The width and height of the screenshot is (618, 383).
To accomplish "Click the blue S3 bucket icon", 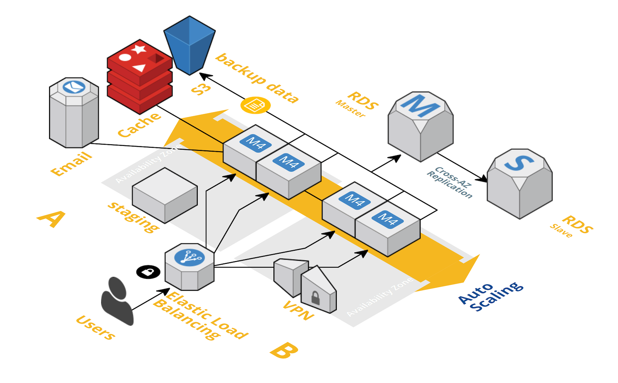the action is pyautogui.click(x=190, y=46).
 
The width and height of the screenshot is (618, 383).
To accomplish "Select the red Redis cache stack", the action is pyautogui.click(x=139, y=77).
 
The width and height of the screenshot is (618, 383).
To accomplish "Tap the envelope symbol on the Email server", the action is pyautogui.click(x=74, y=87).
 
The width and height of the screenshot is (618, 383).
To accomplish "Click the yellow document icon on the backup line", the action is pyautogui.click(x=255, y=105).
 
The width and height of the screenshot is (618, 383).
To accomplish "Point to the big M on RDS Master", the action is pyautogui.click(x=420, y=106).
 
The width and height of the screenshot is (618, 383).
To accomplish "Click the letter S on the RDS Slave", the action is pyautogui.click(x=519, y=162).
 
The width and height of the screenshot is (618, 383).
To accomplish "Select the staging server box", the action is pyautogui.click(x=165, y=196).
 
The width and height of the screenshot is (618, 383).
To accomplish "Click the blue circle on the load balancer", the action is pyautogui.click(x=190, y=258).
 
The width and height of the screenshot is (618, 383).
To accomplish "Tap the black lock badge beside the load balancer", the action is pyautogui.click(x=148, y=272).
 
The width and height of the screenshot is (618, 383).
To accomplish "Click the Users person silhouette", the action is pyautogui.click(x=117, y=301).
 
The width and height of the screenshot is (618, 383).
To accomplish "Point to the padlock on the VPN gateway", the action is pyautogui.click(x=315, y=298).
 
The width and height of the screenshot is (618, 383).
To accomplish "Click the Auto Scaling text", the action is pyautogui.click(x=491, y=297).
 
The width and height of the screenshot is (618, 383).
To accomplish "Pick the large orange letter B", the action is pyautogui.click(x=284, y=350).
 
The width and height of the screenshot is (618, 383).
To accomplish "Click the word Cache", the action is pyautogui.click(x=139, y=125).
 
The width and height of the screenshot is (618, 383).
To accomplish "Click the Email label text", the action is pyautogui.click(x=71, y=164).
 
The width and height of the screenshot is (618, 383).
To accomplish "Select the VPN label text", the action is pyautogui.click(x=299, y=310).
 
